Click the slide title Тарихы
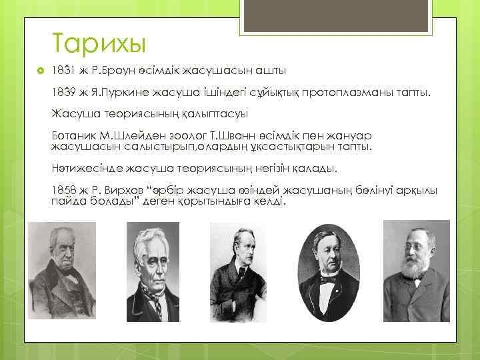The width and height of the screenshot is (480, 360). point(98,44)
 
